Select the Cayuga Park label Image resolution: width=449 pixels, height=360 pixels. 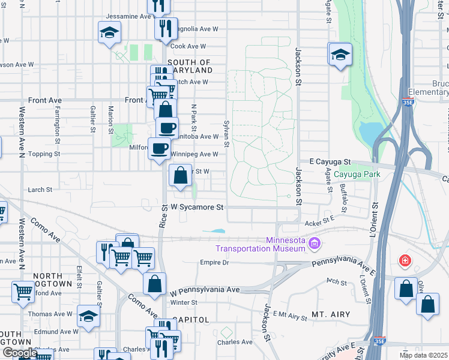357,175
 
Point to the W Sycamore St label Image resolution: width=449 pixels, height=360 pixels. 197,208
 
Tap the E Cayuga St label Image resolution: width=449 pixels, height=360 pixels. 330,162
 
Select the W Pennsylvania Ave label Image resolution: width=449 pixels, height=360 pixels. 205,290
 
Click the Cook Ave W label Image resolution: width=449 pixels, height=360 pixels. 188,46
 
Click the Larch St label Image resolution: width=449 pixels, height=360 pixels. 41,190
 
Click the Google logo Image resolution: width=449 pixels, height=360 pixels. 19,353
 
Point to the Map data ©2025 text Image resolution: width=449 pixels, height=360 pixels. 424,355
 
